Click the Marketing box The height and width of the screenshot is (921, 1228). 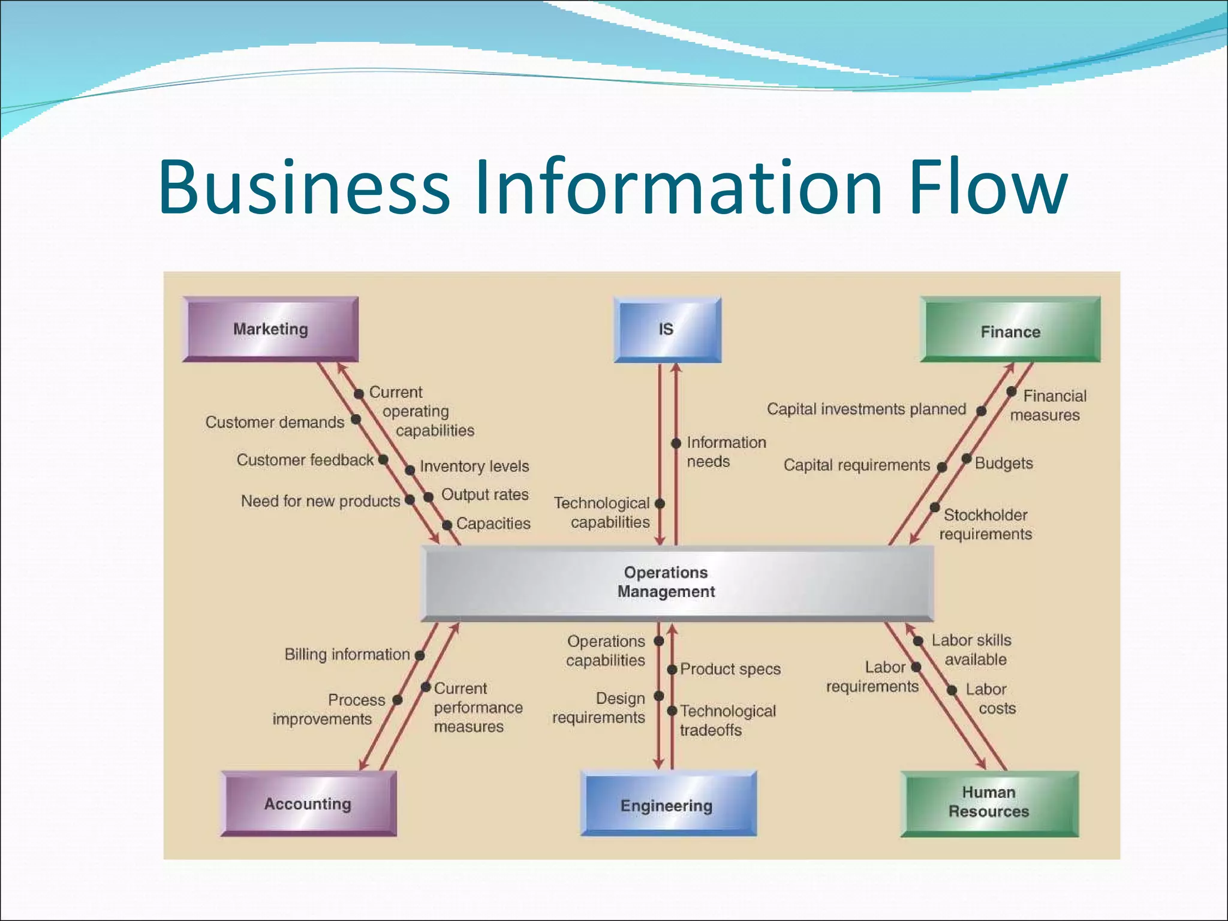270,329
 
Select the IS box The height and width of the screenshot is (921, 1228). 667,329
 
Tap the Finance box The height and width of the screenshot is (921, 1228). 1010,330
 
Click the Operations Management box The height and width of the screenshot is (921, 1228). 678,582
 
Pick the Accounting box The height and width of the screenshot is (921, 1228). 308,803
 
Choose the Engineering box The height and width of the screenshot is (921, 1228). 667,805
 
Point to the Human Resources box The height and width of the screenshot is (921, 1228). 989,802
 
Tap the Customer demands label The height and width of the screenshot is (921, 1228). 275,422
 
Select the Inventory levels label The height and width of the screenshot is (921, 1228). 474,466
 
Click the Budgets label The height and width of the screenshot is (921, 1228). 1004,463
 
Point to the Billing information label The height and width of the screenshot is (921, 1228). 347,654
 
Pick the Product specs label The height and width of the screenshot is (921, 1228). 730,669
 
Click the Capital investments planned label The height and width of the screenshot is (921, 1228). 866,409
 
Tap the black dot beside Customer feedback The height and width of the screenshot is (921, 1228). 383,459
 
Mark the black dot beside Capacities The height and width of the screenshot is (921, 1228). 447,525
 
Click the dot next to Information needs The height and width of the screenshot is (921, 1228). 676,443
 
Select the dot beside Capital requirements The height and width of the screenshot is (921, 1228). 942,467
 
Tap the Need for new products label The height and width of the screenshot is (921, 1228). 320,501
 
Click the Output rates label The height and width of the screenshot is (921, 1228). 485,495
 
